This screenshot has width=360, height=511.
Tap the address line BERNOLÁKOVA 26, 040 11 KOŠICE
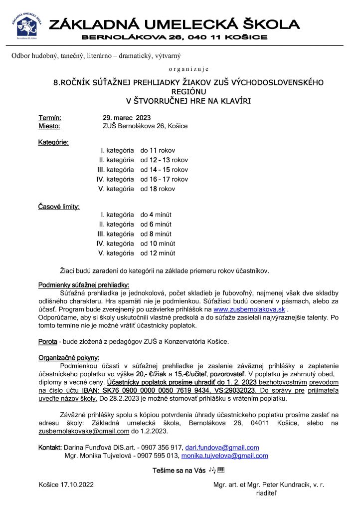coord(174,38)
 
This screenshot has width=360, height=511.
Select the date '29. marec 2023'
coord(123,118)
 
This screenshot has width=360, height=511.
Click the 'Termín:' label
coord(50,118)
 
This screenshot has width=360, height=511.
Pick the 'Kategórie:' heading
coord(53,143)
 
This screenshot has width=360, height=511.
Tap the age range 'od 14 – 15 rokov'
coord(164,170)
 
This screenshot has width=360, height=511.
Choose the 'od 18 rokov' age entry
coord(158,189)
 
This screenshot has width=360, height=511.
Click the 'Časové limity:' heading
coord(59,207)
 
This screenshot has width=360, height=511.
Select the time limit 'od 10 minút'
coord(158,244)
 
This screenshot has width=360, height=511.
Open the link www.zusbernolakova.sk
coord(249,309)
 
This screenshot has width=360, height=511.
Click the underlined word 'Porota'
coord(47,341)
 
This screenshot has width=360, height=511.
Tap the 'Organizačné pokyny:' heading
coord(68,357)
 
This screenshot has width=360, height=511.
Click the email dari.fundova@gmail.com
coord(225,448)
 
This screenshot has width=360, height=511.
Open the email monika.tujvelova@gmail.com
coord(224,456)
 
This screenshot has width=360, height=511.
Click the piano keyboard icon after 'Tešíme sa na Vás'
coord(222,470)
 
